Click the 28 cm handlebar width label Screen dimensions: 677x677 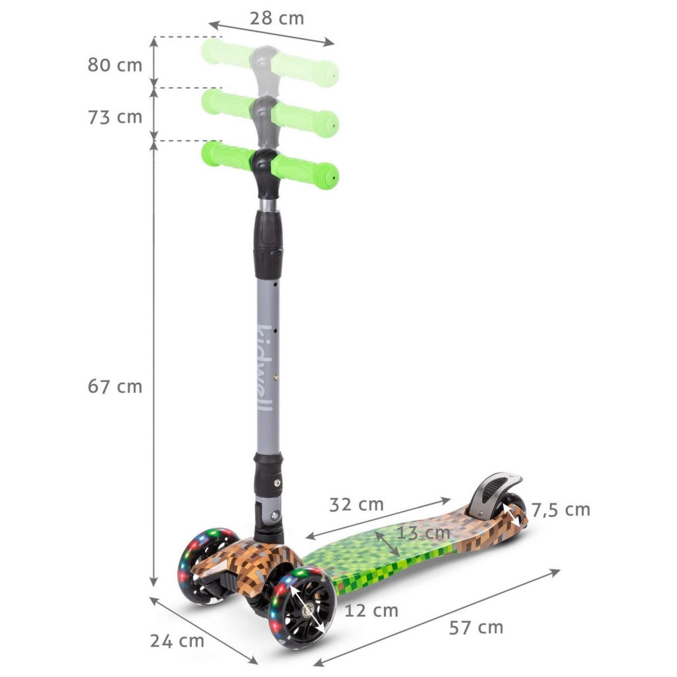pyautogui.click(x=277, y=18)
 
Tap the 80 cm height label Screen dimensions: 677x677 pyautogui.click(x=115, y=65)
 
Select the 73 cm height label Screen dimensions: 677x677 pyautogui.click(x=115, y=117)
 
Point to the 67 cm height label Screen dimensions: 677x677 pyautogui.click(x=115, y=386)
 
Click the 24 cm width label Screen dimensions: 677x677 pyautogui.click(x=177, y=641)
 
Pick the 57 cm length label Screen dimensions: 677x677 pyautogui.click(x=476, y=628)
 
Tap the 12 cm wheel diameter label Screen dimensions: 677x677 pyautogui.click(x=372, y=610)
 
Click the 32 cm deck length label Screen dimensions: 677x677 pyautogui.click(x=356, y=504)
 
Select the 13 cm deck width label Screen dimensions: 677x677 pyautogui.click(x=423, y=533)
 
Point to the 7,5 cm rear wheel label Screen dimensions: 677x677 pyautogui.click(x=561, y=510)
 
